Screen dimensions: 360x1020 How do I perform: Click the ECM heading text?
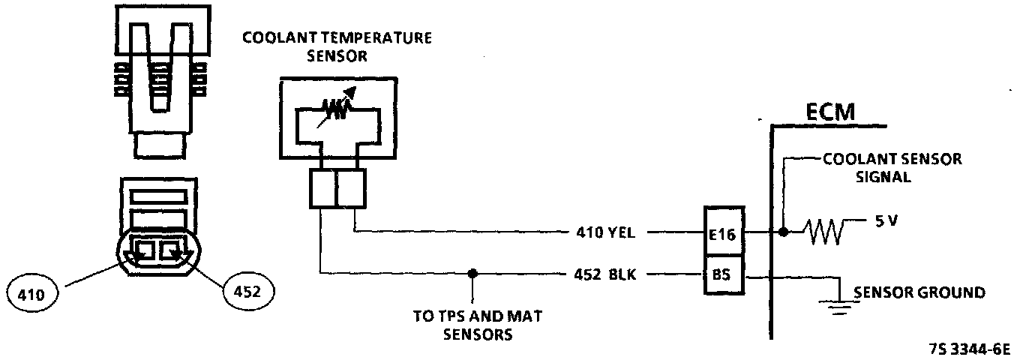tap(830, 112)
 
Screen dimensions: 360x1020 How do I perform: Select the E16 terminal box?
tap(723, 234)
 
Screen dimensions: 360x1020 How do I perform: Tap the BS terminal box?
tap(723, 275)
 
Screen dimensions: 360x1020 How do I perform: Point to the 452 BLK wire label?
tap(603, 274)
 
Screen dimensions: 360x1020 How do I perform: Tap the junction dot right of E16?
tap(783, 233)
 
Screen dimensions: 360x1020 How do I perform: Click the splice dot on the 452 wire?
tap(472, 274)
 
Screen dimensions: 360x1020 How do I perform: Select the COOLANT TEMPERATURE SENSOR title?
tap(337, 46)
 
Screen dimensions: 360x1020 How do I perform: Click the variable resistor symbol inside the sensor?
tap(337, 112)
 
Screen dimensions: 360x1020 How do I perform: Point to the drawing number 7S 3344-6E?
tap(969, 349)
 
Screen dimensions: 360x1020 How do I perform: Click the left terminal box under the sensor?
tap(322, 188)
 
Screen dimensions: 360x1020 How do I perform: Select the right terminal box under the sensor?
tap(351, 188)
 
